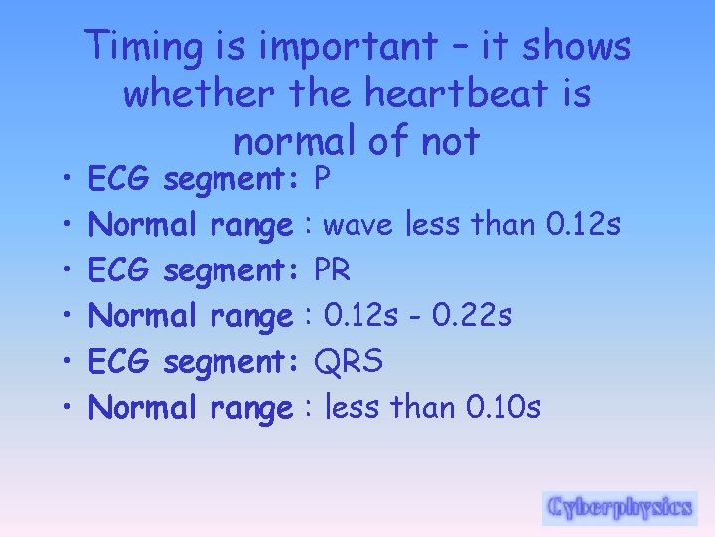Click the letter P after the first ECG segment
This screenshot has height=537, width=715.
point(321,179)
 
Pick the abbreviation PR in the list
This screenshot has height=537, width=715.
point(331,270)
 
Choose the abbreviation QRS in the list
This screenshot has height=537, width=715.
point(348,362)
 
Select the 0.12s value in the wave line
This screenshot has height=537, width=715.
point(582,225)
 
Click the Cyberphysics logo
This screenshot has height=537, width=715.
point(619,507)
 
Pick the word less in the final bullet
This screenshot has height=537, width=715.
point(353,407)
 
